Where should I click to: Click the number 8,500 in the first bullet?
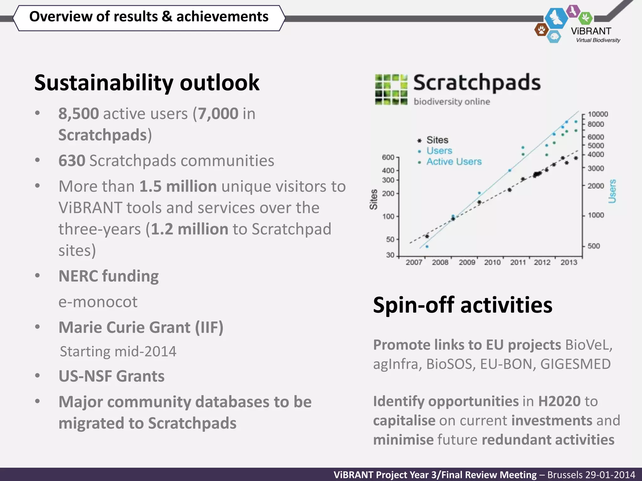pos(79,114)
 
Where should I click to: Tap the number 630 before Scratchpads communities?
pos(72,161)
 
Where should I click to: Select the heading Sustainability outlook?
pos(147,83)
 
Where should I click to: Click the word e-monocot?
pos(98,302)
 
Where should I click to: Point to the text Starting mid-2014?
pos(118,351)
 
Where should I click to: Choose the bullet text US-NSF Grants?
pos(111,376)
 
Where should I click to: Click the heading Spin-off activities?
pos(462,305)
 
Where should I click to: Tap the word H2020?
pos(559,401)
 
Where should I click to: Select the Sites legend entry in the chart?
pos(437,140)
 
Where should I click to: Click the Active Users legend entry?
pos(454,162)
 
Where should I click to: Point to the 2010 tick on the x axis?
pos(492,262)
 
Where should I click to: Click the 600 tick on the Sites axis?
pos(388,157)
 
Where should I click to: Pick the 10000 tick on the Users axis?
pos(597,114)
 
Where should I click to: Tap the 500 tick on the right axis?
pos(593,246)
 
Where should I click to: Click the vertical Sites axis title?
pos(373,199)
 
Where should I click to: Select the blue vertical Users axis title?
pos(612,191)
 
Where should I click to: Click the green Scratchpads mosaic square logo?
pos(391,90)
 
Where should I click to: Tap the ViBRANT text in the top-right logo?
pos(591,31)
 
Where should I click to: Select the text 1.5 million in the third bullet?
pos(178,187)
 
